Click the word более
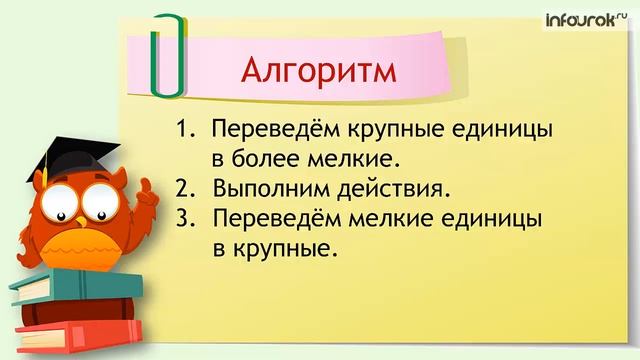pos(265,159)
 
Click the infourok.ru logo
pos(587,17)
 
